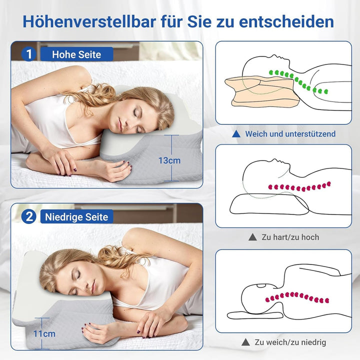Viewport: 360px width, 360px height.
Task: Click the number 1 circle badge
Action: (x=29, y=54)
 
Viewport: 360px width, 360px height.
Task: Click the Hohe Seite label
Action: (x=76, y=54)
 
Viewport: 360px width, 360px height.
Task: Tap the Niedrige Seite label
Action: (x=76, y=216)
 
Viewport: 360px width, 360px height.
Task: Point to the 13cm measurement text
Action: (x=169, y=160)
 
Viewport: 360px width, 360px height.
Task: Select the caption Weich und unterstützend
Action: (x=290, y=134)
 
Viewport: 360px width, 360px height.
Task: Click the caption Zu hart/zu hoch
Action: (x=290, y=237)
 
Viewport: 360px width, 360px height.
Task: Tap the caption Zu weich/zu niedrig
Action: (x=290, y=342)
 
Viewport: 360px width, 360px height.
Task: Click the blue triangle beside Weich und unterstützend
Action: (x=236, y=134)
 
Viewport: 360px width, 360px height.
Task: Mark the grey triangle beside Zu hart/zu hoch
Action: (x=252, y=237)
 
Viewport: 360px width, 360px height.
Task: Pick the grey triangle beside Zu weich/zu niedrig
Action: (x=245, y=342)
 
